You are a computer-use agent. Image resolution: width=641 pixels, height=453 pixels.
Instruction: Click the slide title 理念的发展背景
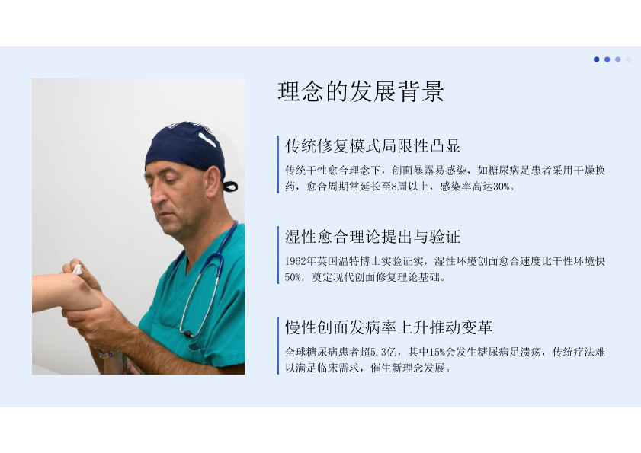tap(361, 91)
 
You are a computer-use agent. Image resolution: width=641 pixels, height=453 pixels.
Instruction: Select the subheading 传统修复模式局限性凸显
tap(373, 146)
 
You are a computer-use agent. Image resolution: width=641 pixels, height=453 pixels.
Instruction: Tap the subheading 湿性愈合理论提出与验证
tap(373, 237)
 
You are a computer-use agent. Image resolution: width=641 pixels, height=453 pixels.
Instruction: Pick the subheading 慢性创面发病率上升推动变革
tap(389, 327)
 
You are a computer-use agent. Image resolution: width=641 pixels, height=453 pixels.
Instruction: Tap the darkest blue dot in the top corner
tap(597, 59)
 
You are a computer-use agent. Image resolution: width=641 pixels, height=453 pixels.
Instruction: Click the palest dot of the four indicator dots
tap(628, 59)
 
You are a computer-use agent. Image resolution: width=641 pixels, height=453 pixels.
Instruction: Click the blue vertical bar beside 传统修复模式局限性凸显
tap(278, 164)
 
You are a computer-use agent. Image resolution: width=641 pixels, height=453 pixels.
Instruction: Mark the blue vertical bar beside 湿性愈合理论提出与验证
tap(278, 255)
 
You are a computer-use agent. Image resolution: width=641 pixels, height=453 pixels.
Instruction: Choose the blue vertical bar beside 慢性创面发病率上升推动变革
tap(278, 346)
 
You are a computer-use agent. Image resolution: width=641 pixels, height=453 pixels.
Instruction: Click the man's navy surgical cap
tap(186, 147)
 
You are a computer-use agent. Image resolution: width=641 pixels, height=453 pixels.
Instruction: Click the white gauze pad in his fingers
tap(77, 270)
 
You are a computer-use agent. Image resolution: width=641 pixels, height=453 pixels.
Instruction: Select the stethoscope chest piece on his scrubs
tap(187, 333)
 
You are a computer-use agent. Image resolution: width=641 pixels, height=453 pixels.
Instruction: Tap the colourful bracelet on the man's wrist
tap(109, 354)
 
